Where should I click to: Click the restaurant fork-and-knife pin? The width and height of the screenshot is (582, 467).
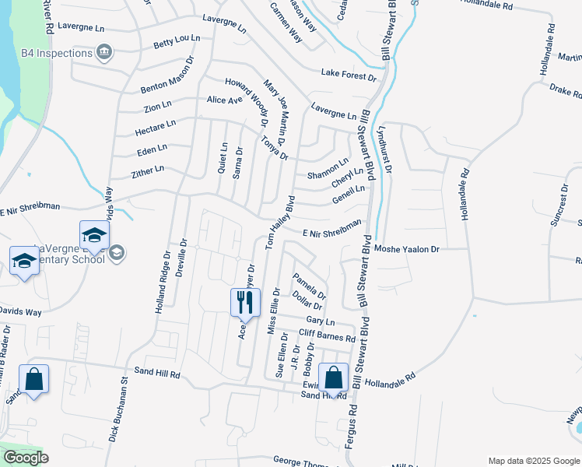pos(245,301)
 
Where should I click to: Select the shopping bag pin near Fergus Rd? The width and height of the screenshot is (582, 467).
pos(333,379)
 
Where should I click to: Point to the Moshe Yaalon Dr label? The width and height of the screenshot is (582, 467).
pos(407,249)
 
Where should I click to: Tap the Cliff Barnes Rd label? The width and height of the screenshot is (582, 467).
pos(327,336)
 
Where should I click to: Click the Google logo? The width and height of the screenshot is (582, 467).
pos(26,458)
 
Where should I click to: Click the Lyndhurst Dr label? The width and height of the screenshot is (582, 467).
pos(385,149)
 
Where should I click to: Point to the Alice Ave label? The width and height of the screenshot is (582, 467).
pos(225,100)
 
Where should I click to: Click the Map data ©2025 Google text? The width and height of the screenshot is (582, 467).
pos(533,460)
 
